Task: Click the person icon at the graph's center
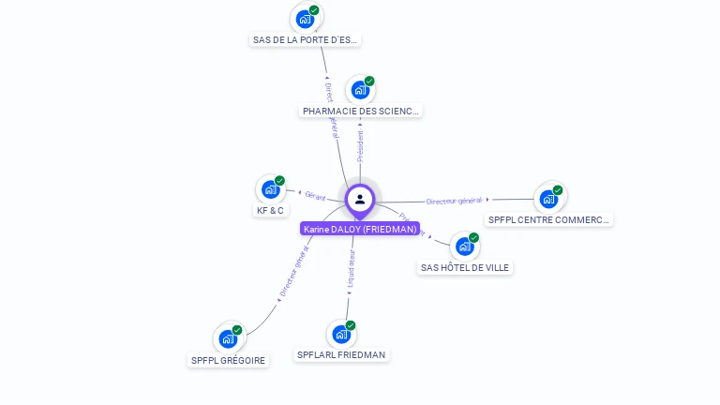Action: (x=360, y=199)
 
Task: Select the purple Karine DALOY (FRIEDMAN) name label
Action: (x=360, y=229)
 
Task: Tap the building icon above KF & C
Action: (x=270, y=189)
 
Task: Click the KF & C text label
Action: (x=270, y=211)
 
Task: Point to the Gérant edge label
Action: (x=315, y=195)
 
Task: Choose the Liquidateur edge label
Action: (x=351, y=268)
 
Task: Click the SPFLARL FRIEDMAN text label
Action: (x=341, y=355)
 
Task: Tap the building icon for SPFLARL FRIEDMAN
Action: (x=341, y=334)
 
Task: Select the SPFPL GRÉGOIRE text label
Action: (x=228, y=361)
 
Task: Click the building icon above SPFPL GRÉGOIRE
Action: (x=228, y=338)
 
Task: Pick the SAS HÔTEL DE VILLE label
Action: (x=465, y=268)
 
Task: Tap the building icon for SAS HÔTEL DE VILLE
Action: (x=464, y=247)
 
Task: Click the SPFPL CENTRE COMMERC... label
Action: (x=549, y=220)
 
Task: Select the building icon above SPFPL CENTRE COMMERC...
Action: (x=548, y=199)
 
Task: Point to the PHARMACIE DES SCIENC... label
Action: (x=361, y=112)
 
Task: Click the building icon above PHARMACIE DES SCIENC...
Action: (x=360, y=90)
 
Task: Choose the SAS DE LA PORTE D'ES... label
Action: (x=306, y=40)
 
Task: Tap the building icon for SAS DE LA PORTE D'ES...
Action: (x=305, y=18)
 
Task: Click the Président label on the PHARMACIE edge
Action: (x=361, y=146)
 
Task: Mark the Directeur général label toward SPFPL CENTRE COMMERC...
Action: (x=454, y=201)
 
